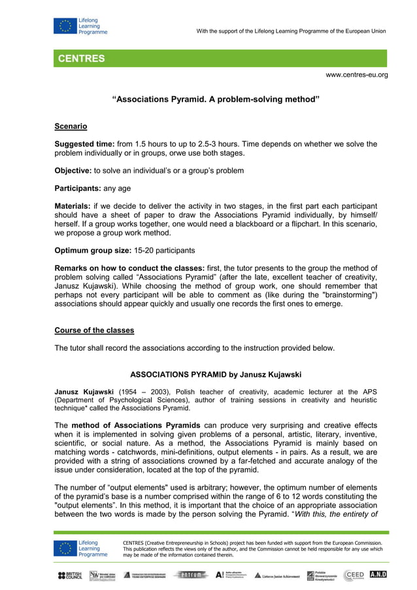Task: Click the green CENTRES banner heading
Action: (x=81, y=59)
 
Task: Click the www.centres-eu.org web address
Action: (x=356, y=75)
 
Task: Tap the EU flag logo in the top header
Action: (x=65, y=27)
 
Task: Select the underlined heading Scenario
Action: (x=71, y=126)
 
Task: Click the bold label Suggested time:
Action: (x=84, y=144)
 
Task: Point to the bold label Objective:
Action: (x=73, y=171)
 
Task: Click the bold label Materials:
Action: (x=73, y=206)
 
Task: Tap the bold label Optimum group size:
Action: (x=92, y=251)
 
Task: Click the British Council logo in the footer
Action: (x=70, y=575)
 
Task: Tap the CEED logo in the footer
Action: (x=354, y=575)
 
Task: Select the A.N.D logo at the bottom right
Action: (x=378, y=574)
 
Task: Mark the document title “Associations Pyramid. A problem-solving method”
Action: (x=216, y=100)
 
